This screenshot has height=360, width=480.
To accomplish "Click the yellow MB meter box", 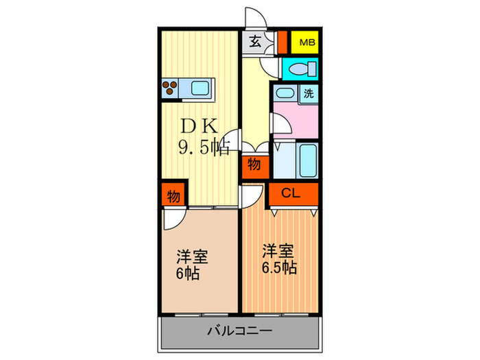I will tap(304, 43).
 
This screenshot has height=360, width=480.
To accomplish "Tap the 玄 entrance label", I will tap(254, 42).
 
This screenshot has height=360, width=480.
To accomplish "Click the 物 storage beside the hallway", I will tap(254, 165).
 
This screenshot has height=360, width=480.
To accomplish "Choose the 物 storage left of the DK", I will tap(173, 197).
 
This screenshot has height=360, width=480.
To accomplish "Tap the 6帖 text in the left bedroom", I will tap(187, 274).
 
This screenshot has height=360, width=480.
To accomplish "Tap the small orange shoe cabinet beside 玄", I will tap(282, 43).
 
